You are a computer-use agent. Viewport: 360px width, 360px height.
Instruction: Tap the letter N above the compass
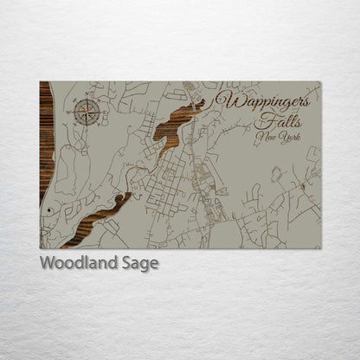point(87,94)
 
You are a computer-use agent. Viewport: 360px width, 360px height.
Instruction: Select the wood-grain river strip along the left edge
point(45,138)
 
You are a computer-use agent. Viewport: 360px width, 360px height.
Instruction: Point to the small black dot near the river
point(50,210)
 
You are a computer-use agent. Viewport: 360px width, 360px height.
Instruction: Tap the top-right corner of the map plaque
point(320,82)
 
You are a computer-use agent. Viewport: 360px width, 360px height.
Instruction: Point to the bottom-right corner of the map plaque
point(320,248)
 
